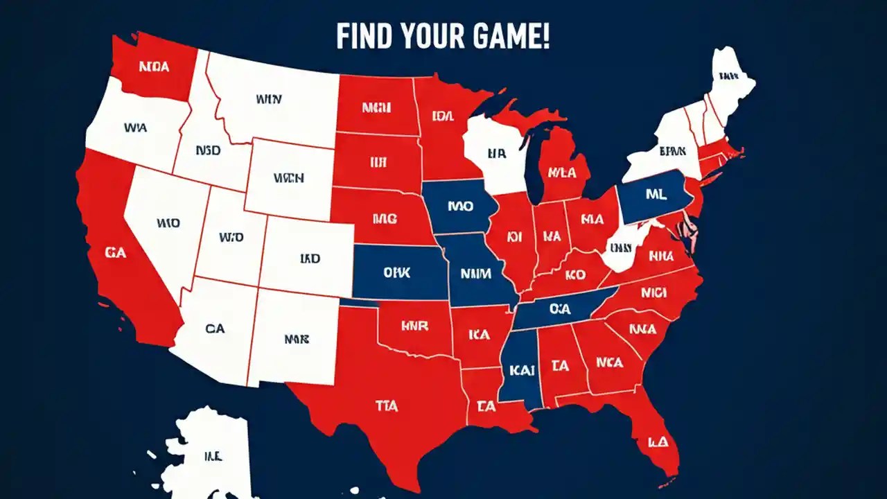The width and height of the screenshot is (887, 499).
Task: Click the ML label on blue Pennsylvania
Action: tap(656, 195)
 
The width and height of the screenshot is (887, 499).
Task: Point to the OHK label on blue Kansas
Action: tap(396, 272)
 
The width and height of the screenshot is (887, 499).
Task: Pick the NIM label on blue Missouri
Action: tap(475, 273)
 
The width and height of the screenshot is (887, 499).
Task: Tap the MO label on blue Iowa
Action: tap(459, 206)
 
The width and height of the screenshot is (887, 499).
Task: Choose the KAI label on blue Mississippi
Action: tap(522, 370)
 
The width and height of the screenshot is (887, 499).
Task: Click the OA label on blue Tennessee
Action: tap(559, 309)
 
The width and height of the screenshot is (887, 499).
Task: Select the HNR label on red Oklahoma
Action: tap(414, 325)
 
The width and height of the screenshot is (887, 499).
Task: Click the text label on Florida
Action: tap(657, 441)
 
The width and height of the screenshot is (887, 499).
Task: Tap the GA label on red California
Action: tap(116, 253)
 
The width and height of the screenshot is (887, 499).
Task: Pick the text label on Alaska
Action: tap(212, 455)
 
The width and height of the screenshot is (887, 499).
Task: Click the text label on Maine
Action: tap(728, 76)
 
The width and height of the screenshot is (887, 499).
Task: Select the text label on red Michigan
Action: tap(562, 171)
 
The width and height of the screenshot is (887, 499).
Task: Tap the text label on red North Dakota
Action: tap(376, 107)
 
